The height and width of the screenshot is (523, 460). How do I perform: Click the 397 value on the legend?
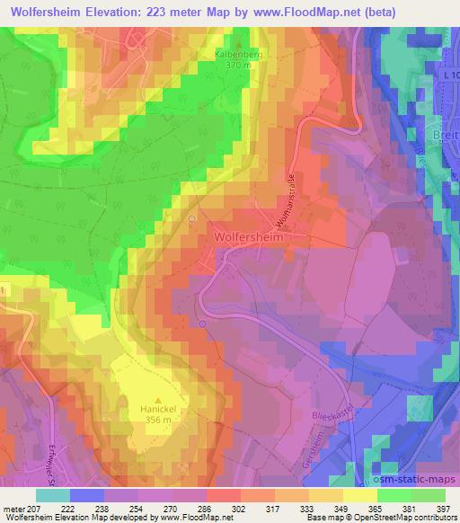pos(445,509)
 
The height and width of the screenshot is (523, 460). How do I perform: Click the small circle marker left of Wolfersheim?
pos(191,218)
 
